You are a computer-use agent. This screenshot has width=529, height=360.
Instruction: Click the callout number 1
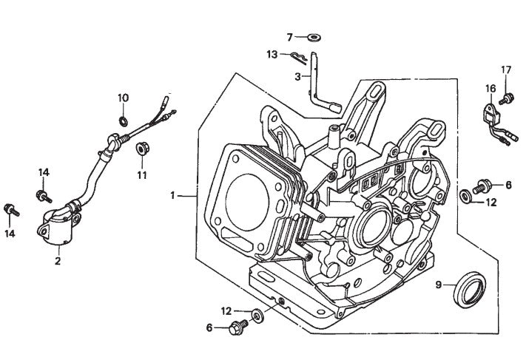point(172,196)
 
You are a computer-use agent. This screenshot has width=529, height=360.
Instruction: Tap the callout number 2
point(56,259)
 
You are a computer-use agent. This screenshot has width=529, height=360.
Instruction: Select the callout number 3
point(297,77)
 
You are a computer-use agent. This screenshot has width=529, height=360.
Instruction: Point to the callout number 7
point(290,36)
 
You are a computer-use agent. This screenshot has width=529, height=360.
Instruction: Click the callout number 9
point(439,284)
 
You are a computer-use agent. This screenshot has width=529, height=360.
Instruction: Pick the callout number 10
point(124,98)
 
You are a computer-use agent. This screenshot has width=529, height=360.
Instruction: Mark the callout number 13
point(272,54)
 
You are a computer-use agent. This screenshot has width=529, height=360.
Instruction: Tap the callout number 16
point(490,89)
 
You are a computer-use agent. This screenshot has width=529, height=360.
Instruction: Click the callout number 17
point(506,70)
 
